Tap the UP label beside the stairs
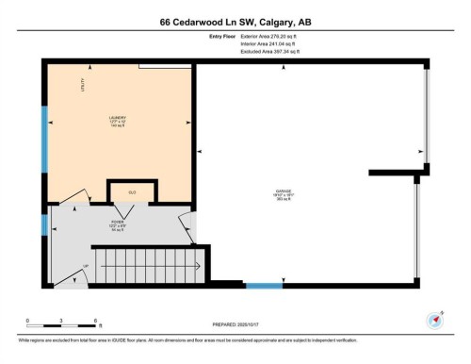click(x=86, y=267)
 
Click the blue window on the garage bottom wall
click(x=263, y=284)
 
